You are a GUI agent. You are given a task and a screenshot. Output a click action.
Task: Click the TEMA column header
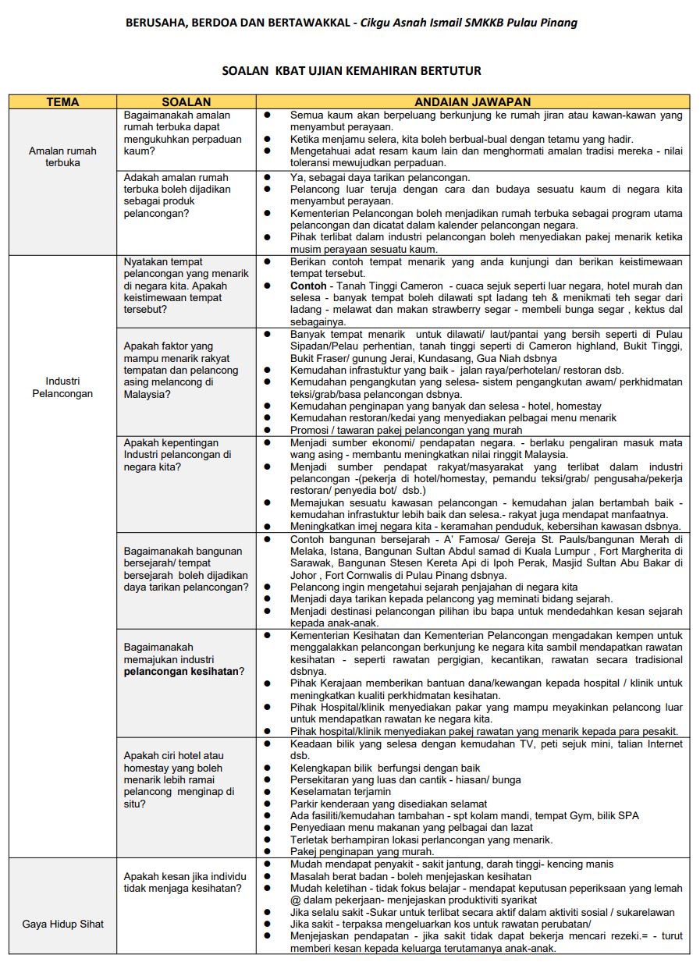(x=62, y=101)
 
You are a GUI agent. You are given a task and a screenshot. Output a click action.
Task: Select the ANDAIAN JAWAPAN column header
(x=473, y=101)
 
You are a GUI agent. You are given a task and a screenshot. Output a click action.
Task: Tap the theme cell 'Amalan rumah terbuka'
(x=62, y=157)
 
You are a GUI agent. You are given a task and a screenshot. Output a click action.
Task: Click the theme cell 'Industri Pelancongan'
(x=62, y=387)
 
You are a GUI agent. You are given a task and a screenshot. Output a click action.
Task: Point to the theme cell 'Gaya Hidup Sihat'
(x=62, y=924)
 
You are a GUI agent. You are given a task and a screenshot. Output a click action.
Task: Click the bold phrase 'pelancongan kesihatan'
(x=181, y=671)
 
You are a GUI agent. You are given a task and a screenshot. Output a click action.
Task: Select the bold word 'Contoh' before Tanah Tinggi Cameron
(x=308, y=286)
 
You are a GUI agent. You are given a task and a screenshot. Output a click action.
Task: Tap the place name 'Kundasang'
(x=448, y=358)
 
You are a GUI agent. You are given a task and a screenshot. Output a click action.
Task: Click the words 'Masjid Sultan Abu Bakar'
(x=624, y=563)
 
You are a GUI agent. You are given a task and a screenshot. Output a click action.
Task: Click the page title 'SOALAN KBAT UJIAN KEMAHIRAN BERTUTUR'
(x=351, y=71)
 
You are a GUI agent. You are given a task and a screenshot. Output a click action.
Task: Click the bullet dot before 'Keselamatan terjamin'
(x=267, y=792)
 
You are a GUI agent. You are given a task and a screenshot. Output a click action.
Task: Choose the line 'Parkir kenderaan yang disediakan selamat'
(x=388, y=804)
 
